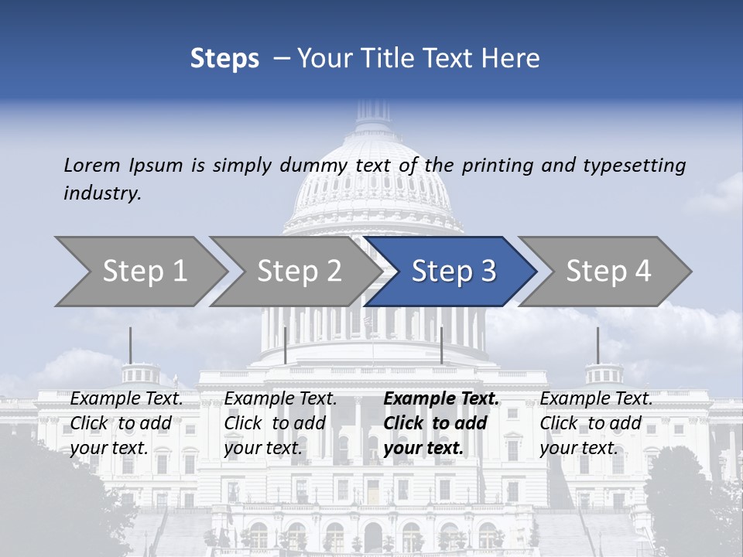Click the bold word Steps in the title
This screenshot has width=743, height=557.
(x=224, y=59)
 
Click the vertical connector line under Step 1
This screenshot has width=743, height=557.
(x=130, y=345)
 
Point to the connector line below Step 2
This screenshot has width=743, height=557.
(x=286, y=345)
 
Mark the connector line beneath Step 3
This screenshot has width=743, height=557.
(x=441, y=345)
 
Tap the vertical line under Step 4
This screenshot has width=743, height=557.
(x=597, y=345)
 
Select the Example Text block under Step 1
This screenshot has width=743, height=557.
(x=126, y=423)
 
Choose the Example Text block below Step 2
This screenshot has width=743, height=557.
(x=280, y=423)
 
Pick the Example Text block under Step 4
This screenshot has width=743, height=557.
(x=596, y=423)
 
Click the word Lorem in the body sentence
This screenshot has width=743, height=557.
(x=92, y=166)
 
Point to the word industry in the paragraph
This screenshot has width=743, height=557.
(x=102, y=193)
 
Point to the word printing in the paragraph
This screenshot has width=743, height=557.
(x=498, y=166)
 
